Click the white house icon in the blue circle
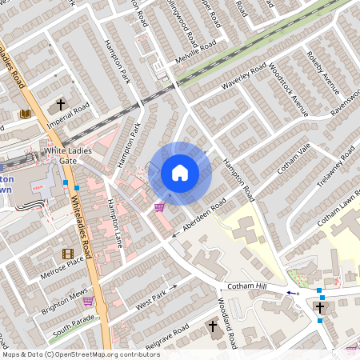[180, 173]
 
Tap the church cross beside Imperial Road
[61, 105]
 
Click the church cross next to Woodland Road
[214, 326]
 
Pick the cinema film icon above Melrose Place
[67, 254]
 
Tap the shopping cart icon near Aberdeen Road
[159, 207]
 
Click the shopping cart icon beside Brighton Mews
[87, 301]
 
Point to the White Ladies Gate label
[68, 155]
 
